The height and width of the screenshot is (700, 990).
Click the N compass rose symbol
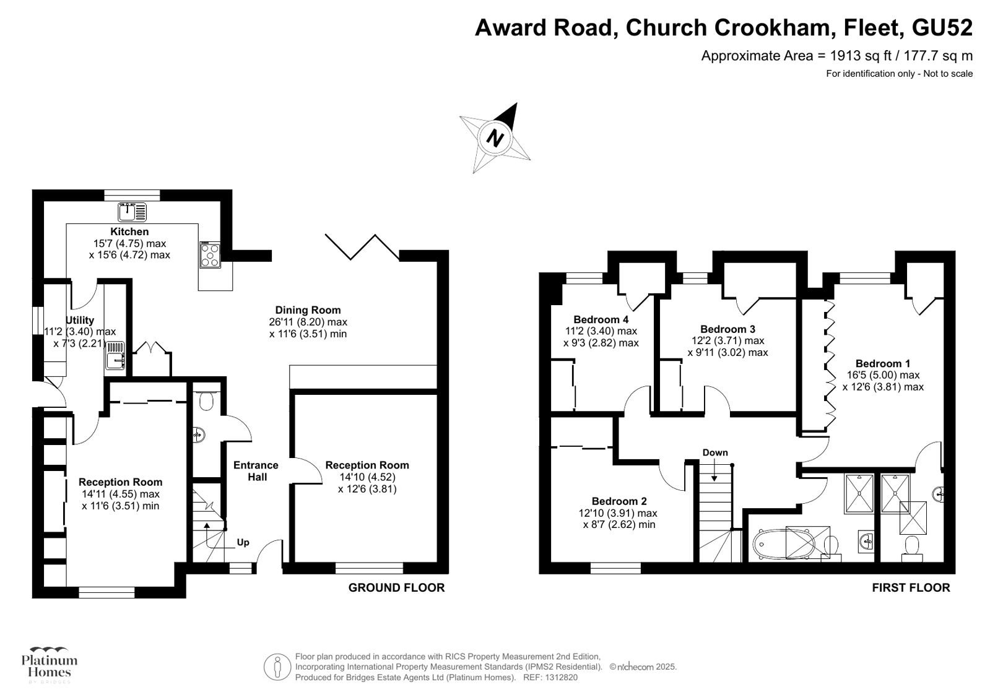(495, 137)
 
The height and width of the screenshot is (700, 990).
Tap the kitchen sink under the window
(132, 212)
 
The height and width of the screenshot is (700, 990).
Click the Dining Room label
(308, 310)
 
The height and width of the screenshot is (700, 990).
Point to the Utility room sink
(115, 355)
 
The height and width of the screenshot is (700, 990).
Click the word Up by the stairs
(243, 543)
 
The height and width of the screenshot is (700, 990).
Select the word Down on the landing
(715, 452)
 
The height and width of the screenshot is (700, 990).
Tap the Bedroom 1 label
(882, 363)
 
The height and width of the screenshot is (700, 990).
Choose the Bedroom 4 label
(601, 319)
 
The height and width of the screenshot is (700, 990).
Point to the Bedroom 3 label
(727, 329)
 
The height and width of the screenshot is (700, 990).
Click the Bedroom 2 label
(619, 501)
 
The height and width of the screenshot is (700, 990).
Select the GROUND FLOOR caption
(396, 587)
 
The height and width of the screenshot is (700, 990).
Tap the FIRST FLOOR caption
(911, 587)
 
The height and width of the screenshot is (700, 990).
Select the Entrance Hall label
(256, 471)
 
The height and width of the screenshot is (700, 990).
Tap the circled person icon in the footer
(277, 667)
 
